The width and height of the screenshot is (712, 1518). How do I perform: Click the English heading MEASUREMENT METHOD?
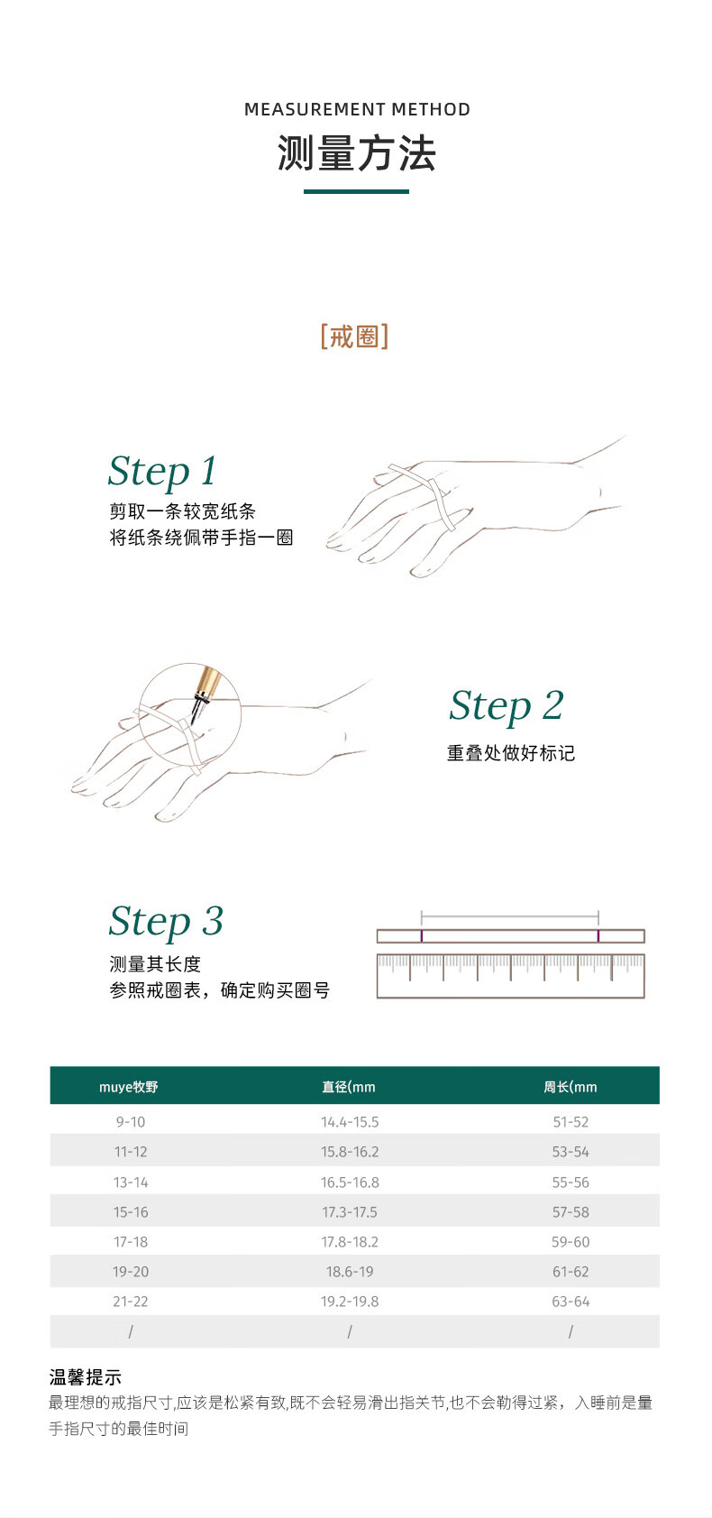[x=357, y=109]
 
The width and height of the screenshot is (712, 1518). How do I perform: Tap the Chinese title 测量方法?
[x=356, y=153]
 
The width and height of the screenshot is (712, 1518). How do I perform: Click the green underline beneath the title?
[x=356, y=191]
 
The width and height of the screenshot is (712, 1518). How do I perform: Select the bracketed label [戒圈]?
[x=354, y=336]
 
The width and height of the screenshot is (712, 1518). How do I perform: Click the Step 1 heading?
[x=162, y=471]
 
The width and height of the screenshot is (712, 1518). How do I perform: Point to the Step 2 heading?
[x=506, y=705]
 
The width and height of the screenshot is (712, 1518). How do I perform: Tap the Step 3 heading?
[x=166, y=922]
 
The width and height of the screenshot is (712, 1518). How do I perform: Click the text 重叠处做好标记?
[x=511, y=753]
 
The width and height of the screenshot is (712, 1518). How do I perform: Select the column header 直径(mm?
[x=348, y=1087]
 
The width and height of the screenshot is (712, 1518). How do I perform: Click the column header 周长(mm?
[x=571, y=1087]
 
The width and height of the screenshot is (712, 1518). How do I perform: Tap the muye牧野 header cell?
[x=129, y=1087]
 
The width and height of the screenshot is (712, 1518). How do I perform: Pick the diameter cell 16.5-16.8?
[x=350, y=1182]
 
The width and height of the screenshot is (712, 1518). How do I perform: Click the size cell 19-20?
[x=130, y=1272]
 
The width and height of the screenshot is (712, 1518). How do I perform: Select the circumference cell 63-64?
[x=571, y=1302]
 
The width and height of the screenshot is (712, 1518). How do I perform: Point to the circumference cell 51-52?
[x=571, y=1121]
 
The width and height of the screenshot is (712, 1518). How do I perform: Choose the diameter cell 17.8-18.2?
[x=350, y=1241]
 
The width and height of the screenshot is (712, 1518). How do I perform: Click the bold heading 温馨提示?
[x=86, y=1377]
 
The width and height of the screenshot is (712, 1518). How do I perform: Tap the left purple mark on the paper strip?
[x=422, y=936]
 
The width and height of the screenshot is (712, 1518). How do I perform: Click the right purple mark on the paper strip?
[x=598, y=936]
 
